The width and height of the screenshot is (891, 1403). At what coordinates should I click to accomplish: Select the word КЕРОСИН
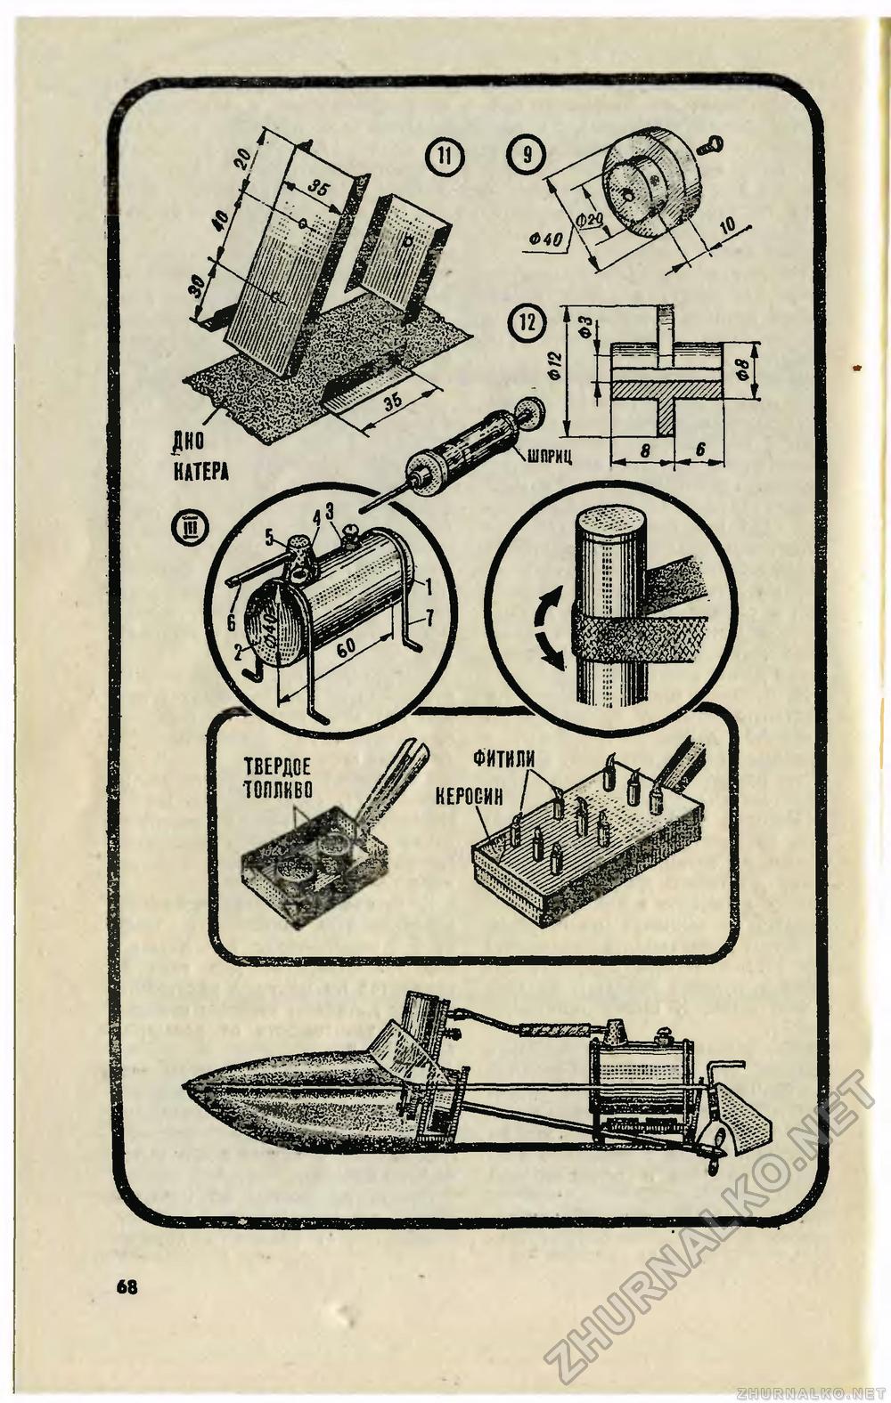(x=470, y=793)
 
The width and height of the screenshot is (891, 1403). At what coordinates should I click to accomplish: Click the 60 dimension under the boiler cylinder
(x=347, y=659)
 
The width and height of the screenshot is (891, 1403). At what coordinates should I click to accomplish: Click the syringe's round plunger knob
(x=534, y=411)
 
